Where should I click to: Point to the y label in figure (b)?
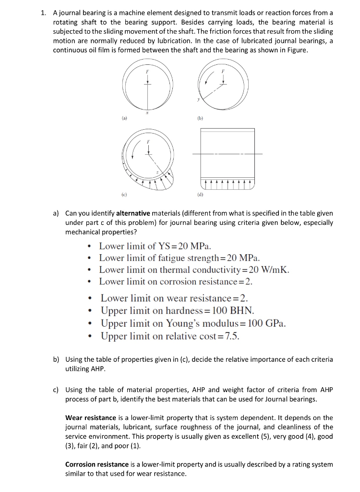197,100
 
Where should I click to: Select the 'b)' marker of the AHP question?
56,359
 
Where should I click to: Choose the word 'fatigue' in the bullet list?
166,258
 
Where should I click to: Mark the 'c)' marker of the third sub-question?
56,389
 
